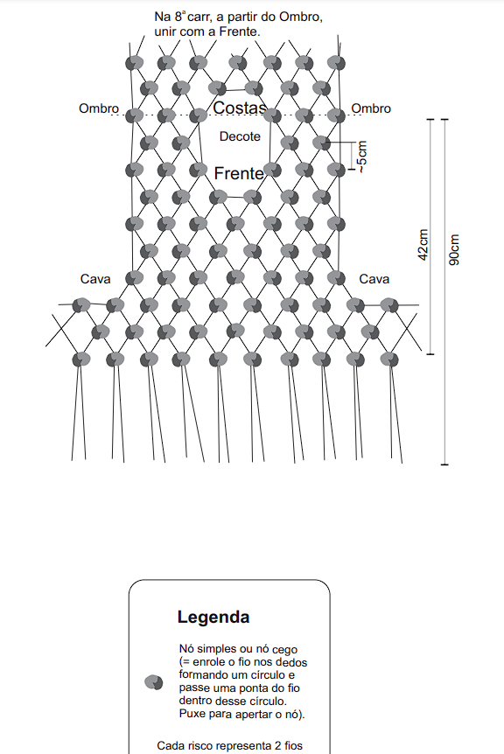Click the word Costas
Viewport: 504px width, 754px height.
(240, 108)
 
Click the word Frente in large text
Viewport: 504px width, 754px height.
(239, 173)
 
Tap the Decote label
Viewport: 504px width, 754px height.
(240, 136)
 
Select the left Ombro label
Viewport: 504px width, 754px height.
(99, 108)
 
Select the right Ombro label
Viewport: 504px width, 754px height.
(371, 108)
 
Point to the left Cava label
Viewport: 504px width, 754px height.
(95, 279)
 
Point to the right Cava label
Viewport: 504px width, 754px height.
(374, 279)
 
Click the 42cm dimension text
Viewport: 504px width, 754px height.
(423, 245)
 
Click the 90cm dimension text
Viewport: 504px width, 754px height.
(454, 249)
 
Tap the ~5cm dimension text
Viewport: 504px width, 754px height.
(362, 157)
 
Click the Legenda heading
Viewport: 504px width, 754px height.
(213, 617)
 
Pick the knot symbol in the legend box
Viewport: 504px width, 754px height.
(153, 682)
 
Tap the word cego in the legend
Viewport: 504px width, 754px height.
(284, 651)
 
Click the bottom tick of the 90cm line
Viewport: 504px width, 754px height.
(444, 464)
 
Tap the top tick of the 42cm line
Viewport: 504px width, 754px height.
(430, 119)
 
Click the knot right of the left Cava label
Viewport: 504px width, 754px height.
(134, 278)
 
